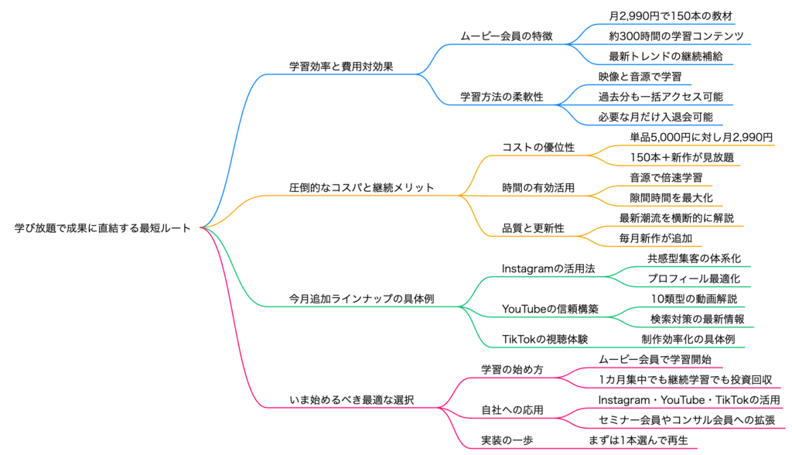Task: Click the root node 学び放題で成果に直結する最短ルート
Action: point(102,227)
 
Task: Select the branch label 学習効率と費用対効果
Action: point(341,67)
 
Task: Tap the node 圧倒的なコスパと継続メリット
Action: point(361,187)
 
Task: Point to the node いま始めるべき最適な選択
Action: point(352,400)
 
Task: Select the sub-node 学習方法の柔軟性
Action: point(502,97)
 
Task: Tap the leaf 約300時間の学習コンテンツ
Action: point(676,36)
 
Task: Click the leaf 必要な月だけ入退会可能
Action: point(656,117)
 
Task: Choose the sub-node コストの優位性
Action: point(538,148)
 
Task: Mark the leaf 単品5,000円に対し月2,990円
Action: point(702,137)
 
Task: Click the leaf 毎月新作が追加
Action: point(656,238)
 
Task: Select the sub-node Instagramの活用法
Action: point(548,269)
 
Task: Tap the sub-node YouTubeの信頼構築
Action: point(550,309)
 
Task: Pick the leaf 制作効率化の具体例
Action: point(688,339)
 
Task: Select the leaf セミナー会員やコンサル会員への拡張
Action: point(687,420)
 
